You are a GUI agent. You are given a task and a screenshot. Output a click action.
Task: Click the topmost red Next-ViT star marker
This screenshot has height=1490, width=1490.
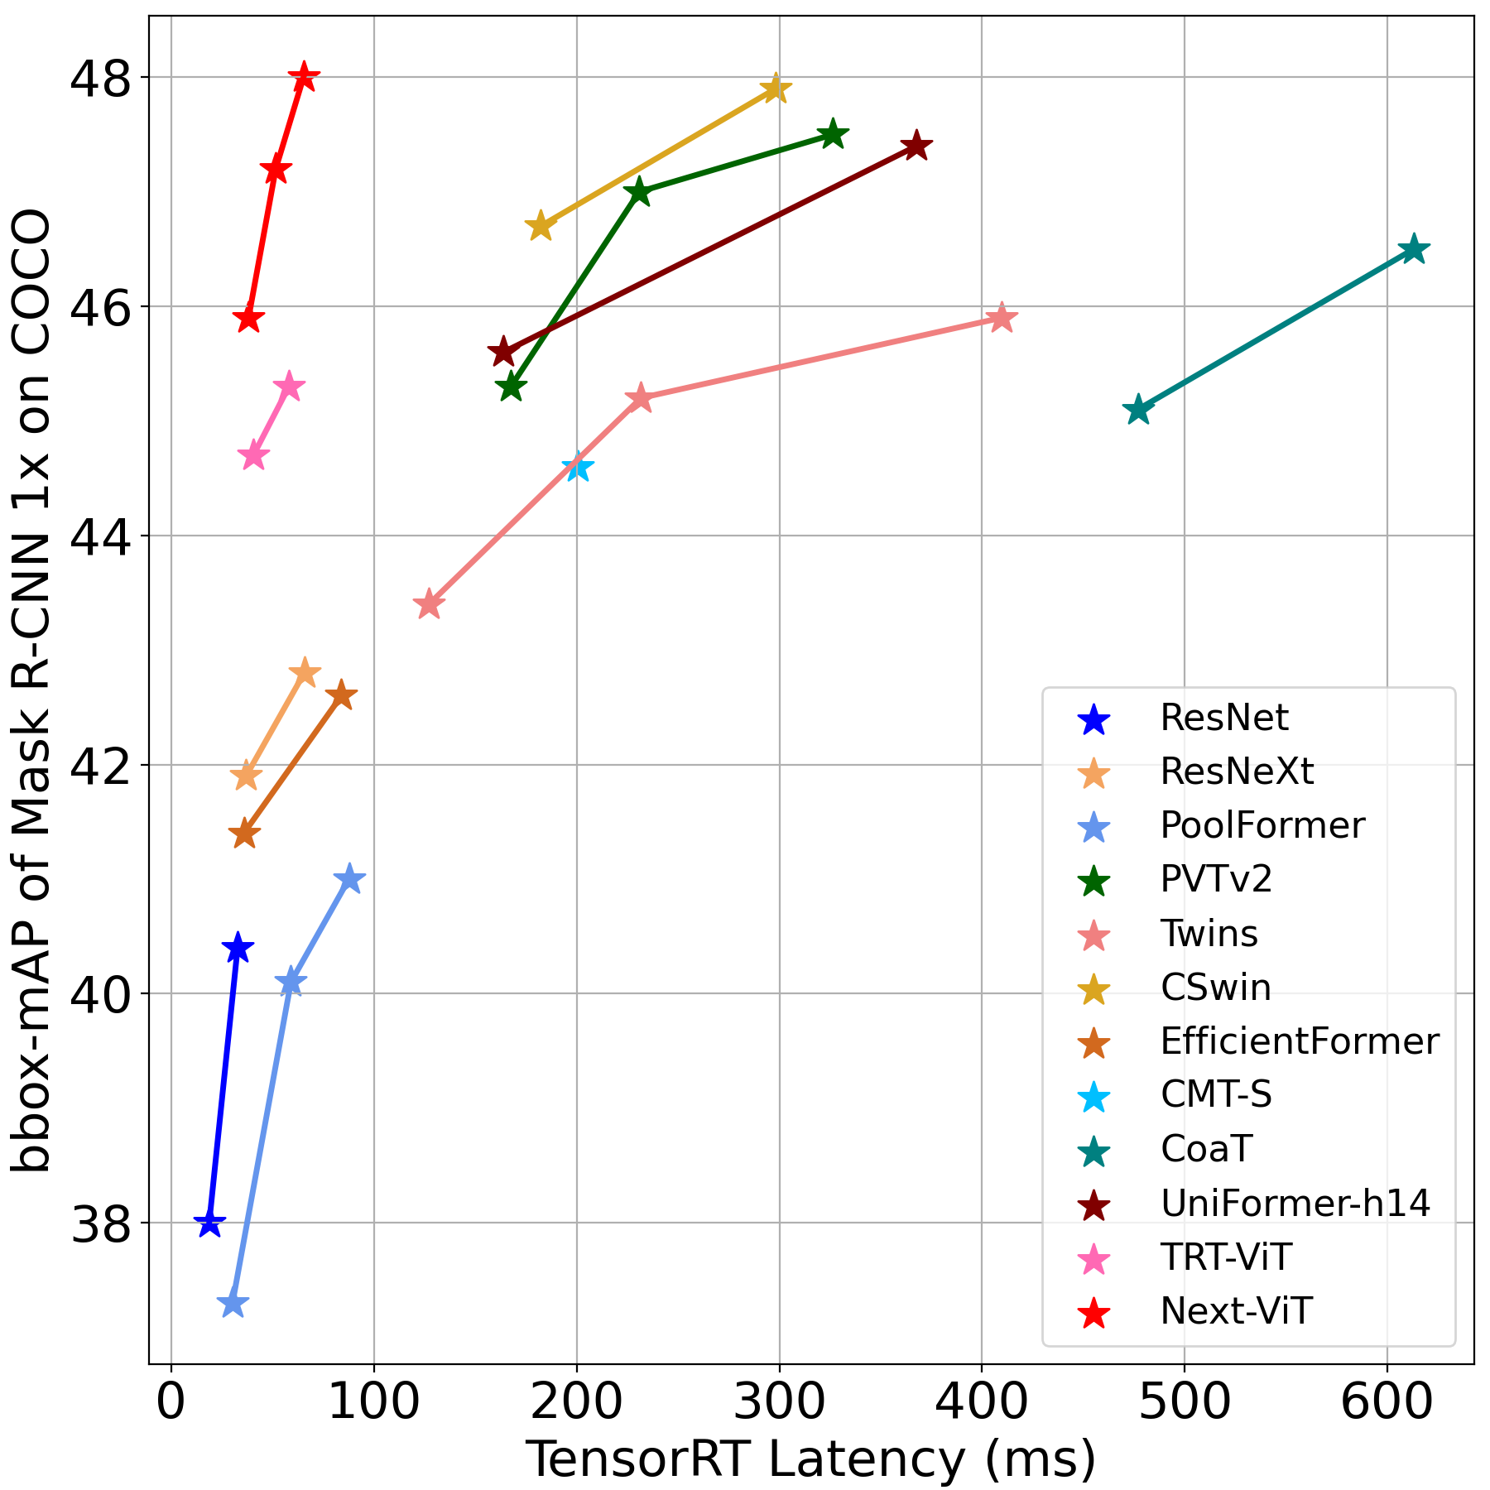pyautogui.click(x=304, y=77)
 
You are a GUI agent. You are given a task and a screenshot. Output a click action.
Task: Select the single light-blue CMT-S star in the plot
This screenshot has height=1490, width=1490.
pyautogui.click(x=578, y=468)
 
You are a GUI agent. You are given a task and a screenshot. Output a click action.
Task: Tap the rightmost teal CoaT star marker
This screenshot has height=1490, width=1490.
pyautogui.click(x=1414, y=249)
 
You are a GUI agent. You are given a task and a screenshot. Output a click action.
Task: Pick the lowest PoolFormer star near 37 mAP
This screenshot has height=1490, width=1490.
pyautogui.click(x=233, y=1304)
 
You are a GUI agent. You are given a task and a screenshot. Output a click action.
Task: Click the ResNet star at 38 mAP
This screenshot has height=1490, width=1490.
pyautogui.click(x=209, y=1223)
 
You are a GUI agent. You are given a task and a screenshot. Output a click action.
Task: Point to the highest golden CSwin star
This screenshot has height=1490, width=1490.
pyautogui.click(x=775, y=88)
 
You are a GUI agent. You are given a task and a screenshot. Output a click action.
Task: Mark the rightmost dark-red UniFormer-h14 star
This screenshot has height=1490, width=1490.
pyautogui.click(x=916, y=147)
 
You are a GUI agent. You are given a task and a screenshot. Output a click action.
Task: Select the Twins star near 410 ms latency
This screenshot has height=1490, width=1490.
pyautogui.click(x=1002, y=318)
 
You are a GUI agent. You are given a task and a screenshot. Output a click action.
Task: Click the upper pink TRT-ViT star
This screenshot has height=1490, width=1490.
pyautogui.click(x=289, y=386)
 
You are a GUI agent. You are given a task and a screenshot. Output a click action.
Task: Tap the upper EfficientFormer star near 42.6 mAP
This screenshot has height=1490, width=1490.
pyautogui.click(x=340, y=696)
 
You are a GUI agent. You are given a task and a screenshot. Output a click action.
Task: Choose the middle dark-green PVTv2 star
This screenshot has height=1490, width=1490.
pyautogui.click(x=638, y=193)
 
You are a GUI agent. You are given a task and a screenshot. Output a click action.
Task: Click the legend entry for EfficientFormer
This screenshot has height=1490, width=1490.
pyautogui.click(x=1299, y=1041)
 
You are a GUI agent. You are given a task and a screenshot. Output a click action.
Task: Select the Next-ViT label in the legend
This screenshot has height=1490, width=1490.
pyautogui.click(x=1236, y=1311)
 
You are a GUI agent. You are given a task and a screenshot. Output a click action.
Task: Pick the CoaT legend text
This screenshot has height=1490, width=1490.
pyautogui.click(x=1206, y=1149)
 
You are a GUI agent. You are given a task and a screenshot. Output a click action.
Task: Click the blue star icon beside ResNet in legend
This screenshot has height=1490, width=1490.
pyautogui.click(x=1094, y=719)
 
